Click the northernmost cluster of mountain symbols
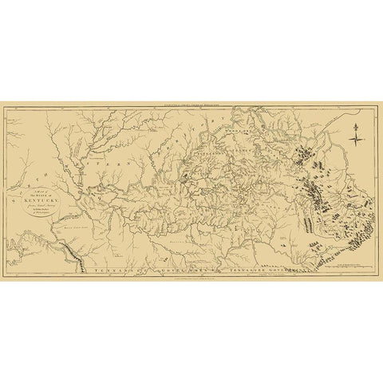pos(303,149)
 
